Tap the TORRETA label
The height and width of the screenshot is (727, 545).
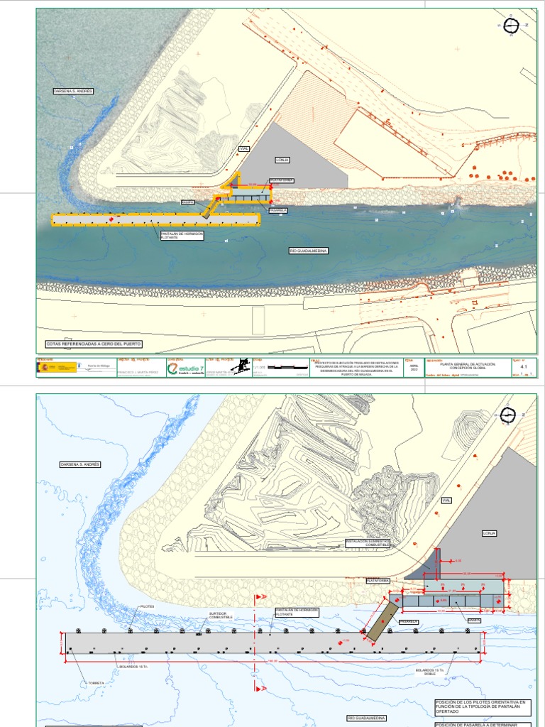[x=97, y=683]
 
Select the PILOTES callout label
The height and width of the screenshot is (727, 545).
[x=148, y=606]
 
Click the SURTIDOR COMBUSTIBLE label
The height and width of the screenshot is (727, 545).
[x=221, y=616]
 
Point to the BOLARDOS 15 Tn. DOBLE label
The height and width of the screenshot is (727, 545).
[x=430, y=670]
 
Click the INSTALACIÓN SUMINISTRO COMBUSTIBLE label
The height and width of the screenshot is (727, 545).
[x=369, y=542]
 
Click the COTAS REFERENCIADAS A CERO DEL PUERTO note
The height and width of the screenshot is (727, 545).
[x=94, y=344]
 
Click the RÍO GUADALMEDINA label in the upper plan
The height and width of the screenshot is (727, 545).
[x=309, y=251]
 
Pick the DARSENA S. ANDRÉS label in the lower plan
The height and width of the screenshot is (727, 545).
[x=80, y=464]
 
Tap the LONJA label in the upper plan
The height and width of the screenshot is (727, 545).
[x=283, y=160]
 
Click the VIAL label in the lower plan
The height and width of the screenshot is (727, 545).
[x=446, y=501]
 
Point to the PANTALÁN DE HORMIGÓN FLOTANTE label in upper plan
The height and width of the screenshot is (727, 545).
[x=182, y=235]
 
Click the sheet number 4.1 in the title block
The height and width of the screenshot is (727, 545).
[x=524, y=367]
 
